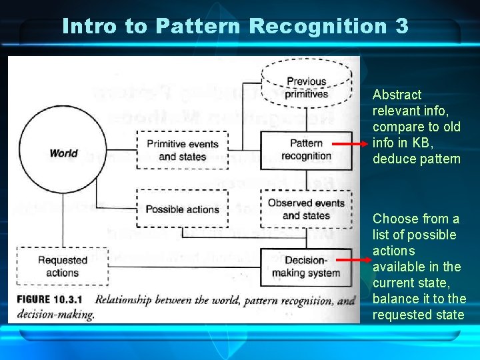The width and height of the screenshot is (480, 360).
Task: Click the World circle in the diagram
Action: (x=63, y=153)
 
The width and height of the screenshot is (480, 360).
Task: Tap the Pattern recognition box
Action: (x=306, y=149)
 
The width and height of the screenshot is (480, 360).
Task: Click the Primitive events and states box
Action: (x=182, y=150)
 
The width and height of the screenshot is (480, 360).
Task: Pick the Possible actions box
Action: (x=182, y=209)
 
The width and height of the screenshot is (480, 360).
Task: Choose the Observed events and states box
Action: (x=306, y=209)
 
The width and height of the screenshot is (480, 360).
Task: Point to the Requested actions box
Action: (x=62, y=266)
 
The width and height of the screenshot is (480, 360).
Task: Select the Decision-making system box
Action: (x=306, y=266)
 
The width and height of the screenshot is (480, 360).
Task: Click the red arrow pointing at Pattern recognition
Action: (x=349, y=143)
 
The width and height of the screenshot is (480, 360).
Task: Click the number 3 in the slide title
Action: (x=401, y=26)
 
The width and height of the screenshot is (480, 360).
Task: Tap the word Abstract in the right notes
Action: (x=397, y=95)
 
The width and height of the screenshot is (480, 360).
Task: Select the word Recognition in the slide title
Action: (x=317, y=26)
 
